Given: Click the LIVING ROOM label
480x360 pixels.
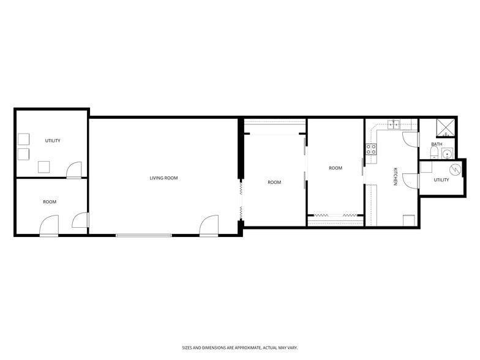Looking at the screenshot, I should click(163, 178).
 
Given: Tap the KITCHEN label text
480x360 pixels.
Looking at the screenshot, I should click(396, 177).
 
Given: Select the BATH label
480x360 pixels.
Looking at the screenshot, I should click(437, 144).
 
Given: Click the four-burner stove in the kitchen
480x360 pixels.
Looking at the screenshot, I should click(371, 149).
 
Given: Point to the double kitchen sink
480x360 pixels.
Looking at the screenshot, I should click(393, 124).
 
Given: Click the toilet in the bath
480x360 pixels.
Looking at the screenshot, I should click(434, 153).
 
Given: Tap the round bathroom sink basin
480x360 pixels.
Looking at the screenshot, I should click(448, 154).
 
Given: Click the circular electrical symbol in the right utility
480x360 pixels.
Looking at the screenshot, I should click(455, 170).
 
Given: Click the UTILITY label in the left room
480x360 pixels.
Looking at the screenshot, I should click(53, 141).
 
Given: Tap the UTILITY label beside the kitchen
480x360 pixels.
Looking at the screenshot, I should click(441, 180).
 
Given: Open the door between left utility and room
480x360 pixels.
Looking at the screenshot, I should click(73, 170).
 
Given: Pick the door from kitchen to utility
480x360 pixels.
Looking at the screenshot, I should click(411, 180).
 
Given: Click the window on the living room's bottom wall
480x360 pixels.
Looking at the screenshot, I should click(144, 235).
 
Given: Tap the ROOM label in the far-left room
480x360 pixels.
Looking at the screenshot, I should click(50, 202).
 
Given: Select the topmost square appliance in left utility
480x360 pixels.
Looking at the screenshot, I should click(24, 138).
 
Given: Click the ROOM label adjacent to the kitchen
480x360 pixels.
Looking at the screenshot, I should click(336, 168).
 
